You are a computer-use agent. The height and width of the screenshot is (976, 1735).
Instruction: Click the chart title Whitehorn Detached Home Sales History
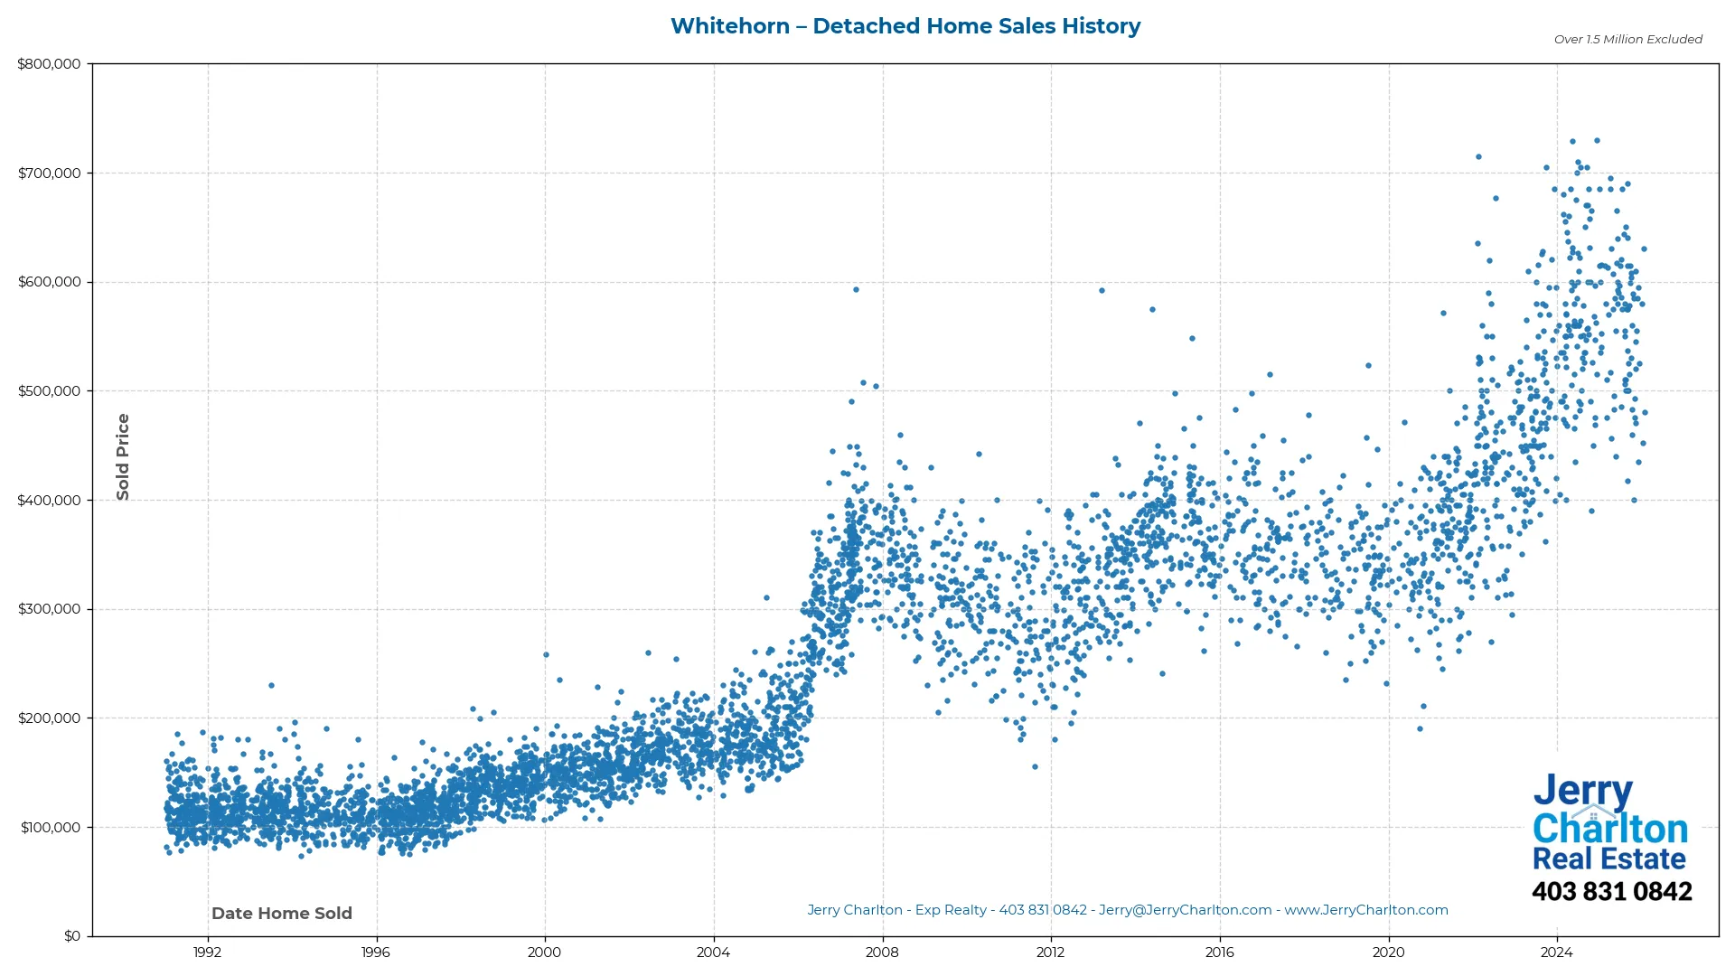point(905,26)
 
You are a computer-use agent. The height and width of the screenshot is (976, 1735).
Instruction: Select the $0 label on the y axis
point(72,936)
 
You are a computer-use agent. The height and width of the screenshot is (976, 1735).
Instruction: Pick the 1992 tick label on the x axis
point(207,953)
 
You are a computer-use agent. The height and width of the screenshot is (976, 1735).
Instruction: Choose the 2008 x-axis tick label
point(882,953)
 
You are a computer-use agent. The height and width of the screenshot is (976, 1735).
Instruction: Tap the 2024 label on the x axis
point(1556,953)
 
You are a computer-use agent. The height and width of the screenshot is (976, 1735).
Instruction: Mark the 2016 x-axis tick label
point(1219,953)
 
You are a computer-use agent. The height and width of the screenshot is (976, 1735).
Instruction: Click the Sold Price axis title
point(123,456)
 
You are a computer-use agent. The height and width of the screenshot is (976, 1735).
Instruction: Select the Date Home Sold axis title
point(282,914)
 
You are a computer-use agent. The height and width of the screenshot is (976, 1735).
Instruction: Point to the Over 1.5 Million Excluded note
point(1627,40)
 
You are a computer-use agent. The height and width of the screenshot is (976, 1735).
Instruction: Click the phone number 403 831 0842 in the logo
point(1611,892)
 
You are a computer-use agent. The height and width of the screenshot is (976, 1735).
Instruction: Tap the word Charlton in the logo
point(1610,829)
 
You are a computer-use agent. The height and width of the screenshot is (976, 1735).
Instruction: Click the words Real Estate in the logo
point(1608,859)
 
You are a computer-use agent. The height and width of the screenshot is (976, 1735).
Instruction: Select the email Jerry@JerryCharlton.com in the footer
point(1185,910)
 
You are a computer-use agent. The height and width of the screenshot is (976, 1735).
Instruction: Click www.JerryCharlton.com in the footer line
point(1366,910)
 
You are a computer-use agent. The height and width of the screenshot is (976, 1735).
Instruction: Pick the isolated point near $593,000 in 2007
point(856,290)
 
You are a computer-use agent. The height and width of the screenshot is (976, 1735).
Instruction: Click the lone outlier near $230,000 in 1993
point(271,686)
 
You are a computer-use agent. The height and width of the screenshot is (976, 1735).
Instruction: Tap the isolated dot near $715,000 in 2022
point(1478,157)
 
